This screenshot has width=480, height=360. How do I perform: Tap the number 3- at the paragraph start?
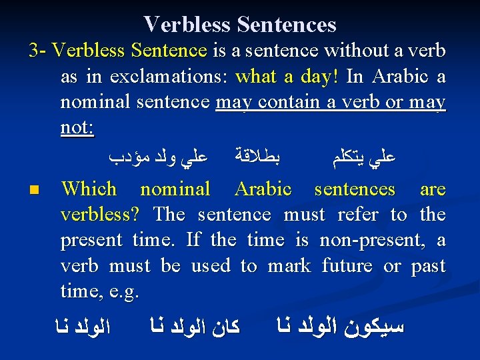[37, 51]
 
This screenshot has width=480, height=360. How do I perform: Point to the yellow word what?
[257, 77]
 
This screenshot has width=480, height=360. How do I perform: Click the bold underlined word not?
[77, 127]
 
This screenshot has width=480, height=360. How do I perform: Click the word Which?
[89, 189]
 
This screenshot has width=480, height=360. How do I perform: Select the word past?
[428, 265]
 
